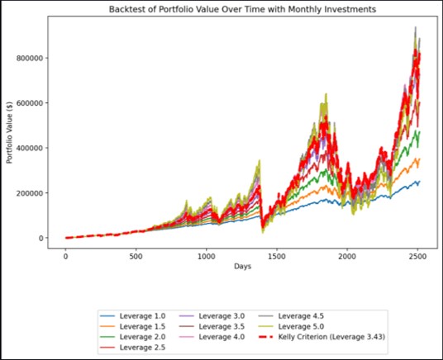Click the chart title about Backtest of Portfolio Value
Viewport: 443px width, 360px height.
pyautogui.click(x=242, y=9)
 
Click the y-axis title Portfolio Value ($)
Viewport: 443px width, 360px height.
pyautogui.click(x=9, y=132)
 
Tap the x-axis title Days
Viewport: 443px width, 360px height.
pyautogui.click(x=242, y=266)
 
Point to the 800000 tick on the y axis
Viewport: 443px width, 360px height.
pyautogui.click(x=30, y=58)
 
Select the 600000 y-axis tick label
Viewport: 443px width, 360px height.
pyautogui.click(x=30, y=103)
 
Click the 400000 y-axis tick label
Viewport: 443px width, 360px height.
pyautogui.click(x=30, y=148)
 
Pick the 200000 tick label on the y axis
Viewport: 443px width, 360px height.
pyautogui.click(x=30, y=193)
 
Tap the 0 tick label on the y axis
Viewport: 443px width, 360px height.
pyautogui.click(x=41, y=238)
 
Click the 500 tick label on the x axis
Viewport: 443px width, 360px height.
pyautogui.click(x=136, y=257)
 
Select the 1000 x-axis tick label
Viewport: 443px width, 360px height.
pyautogui.click(x=207, y=257)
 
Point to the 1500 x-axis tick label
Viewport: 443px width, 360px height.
pyautogui.click(x=277, y=257)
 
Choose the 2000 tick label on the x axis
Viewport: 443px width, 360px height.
pyautogui.click(x=347, y=257)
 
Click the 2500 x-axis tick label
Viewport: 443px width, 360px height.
pyautogui.click(x=417, y=257)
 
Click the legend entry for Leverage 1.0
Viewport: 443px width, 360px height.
pyautogui.click(x=133, y=316)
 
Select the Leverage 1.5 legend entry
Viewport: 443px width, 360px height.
pyautogui.click(x=133, y=326)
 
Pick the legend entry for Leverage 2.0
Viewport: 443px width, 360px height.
pyautogui.click(x=133, y=337)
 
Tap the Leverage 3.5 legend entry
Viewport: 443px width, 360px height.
pyautogui.click(x=212, y=326)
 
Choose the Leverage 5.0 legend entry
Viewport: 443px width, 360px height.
pyautogui.click(x=292, y=326)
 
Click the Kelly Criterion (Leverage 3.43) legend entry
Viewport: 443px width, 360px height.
pyautogui.click(x=322, y=337)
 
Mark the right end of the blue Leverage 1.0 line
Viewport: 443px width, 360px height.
pyautogui.click(x=420, y=182)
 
